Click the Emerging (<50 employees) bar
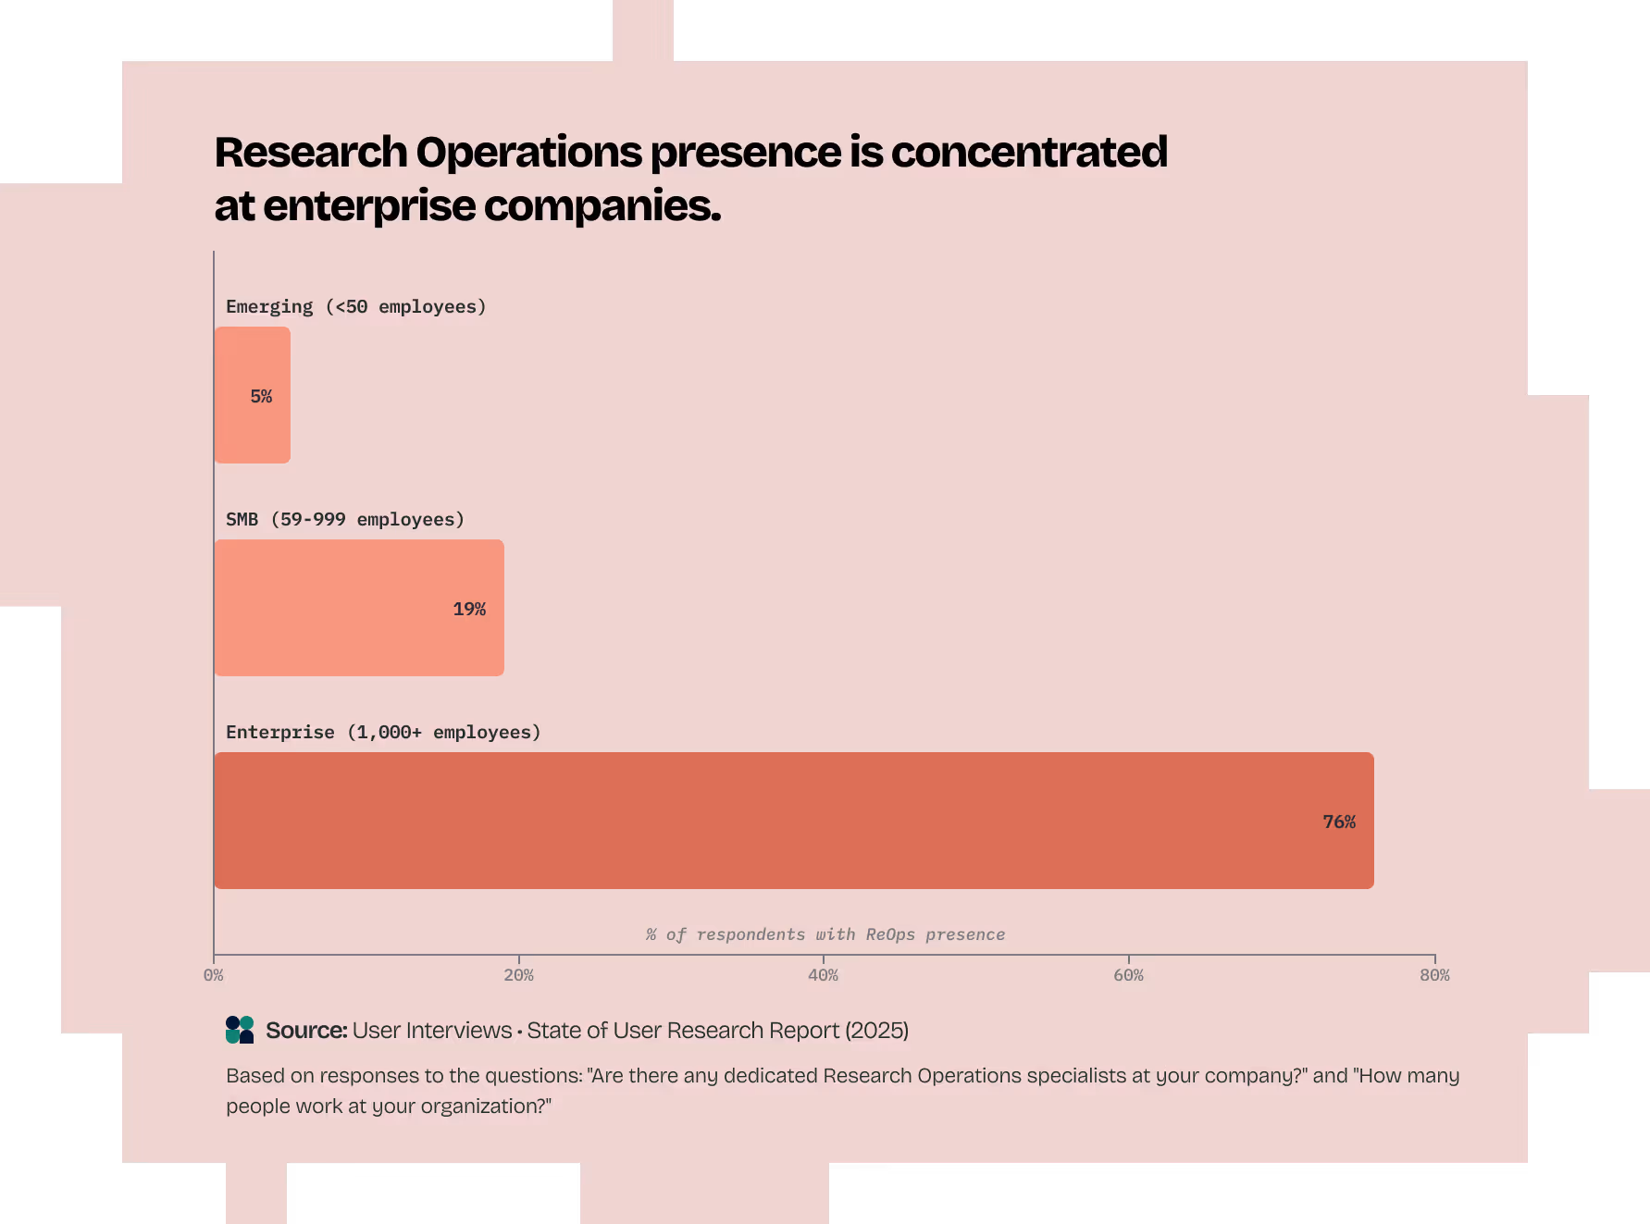pyautogui.click(x=252, y=395)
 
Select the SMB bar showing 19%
pyautogui.click(x=359, y=608)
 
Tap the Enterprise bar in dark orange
pyautogui.click(x=793, y=821)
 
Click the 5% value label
pyautogui.click(x=261, y=397)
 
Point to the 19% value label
pyautogui.click(x=469, y=610)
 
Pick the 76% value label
pyautogui.click(x=1339, y=822)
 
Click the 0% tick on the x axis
pyautogui.click(x=214, y=975)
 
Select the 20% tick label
pyautogui.click(x=518, y=975)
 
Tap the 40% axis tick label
pyautogui.click(x=823, y=975)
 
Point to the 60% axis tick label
pyautogui.click(x=1128, y=975)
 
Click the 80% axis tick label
pyautogui.click(x=1434, y=975)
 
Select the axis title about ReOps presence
pyautogui.click(x=825, y=934)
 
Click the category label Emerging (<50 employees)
pyautogui.click(x=355, y=306)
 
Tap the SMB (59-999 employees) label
pyautogui.click(x=344, y=519)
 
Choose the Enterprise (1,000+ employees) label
pyautogui.click(x=383, y=732)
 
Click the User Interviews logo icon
pyautogui.click(x=240, y=1030)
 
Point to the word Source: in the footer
pyautogui.click(x=306, y=1031)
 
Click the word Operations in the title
pyautogui.click(x=528, y=153)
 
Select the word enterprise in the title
pyautogui.click(x=369, y=206)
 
